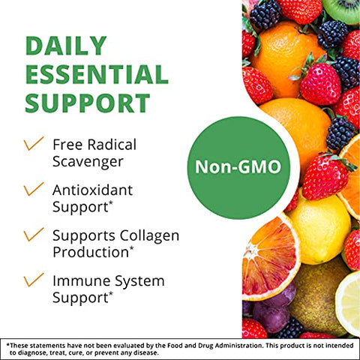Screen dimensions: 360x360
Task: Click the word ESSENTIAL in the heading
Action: pos(97,75)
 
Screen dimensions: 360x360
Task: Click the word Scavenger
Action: pos(88,160)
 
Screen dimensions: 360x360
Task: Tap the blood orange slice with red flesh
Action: pos(270,256)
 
